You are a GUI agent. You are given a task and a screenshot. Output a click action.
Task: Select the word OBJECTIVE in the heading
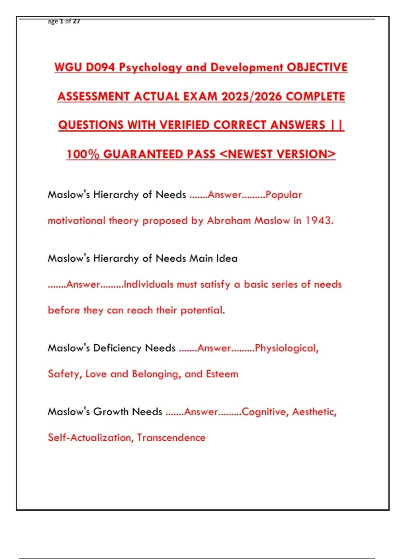317,67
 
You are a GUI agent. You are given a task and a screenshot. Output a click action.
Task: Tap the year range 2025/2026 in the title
252,96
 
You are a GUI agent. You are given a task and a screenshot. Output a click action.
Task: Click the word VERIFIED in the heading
185,125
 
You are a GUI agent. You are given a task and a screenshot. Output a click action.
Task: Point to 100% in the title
83,154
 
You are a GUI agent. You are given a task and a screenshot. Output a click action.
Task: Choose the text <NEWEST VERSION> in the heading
277,154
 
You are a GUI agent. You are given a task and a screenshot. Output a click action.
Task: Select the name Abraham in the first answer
229,220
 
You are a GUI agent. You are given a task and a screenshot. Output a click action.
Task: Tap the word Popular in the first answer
283,195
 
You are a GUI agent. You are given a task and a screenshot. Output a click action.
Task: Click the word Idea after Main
227,258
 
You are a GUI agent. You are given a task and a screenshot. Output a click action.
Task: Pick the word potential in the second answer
202,310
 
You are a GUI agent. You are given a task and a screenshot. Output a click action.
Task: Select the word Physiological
286,348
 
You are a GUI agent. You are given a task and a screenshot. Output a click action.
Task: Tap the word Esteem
222,374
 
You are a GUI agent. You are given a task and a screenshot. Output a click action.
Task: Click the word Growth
111,412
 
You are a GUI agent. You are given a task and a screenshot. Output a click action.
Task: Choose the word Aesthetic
314,412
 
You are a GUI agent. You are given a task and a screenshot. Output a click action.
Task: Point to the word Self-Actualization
91,438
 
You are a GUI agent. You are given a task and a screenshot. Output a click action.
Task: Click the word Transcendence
171,438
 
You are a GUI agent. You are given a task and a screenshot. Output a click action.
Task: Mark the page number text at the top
64,22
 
